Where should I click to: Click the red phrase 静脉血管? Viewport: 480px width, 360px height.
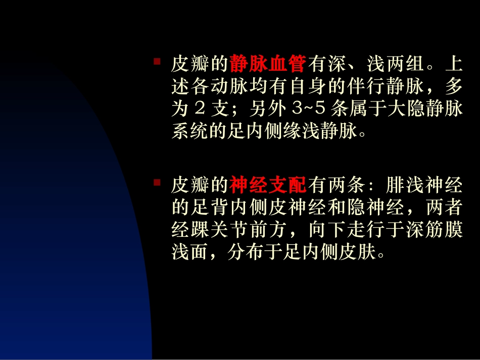(x=268, y=64)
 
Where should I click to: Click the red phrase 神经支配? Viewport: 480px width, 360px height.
(x=268, y=186)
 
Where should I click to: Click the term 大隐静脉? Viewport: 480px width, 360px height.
(x=424, y=110)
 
